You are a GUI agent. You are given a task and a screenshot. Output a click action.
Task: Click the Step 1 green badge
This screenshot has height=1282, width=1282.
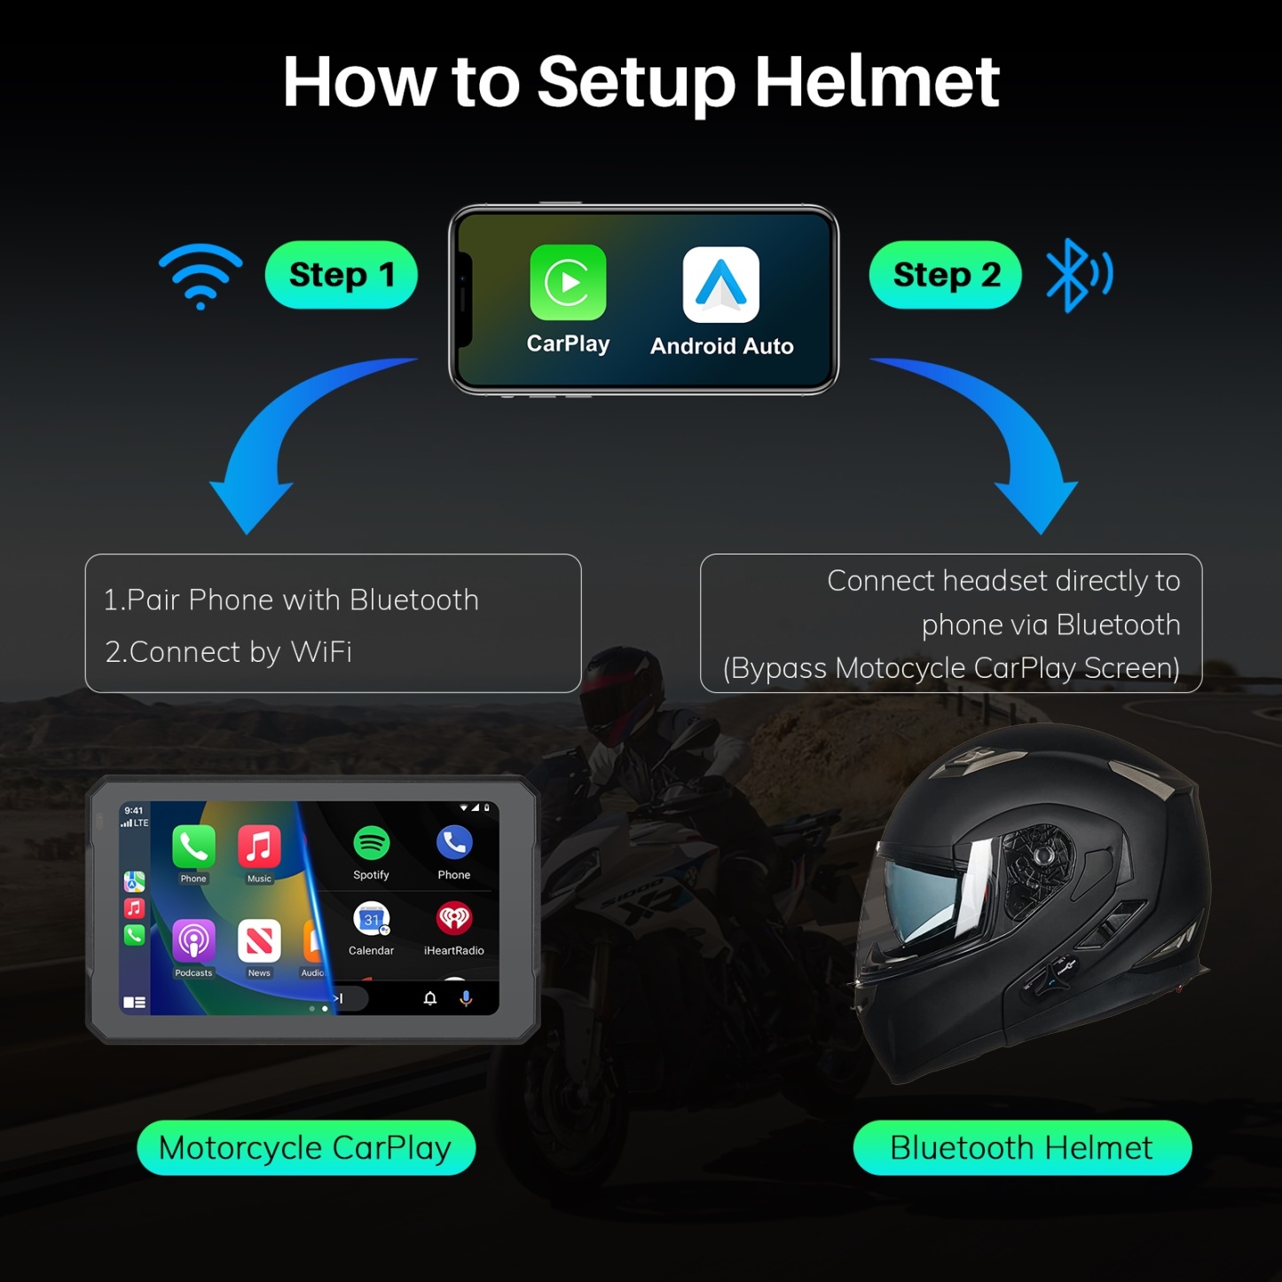tap(342, 275)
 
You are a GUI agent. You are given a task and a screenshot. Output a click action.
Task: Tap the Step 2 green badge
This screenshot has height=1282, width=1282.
tap(946, 275)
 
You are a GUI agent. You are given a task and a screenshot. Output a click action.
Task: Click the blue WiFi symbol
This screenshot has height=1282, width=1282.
tap(201, 274)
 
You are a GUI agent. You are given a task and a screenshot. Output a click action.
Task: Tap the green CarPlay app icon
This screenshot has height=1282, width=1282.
tap(568, 282)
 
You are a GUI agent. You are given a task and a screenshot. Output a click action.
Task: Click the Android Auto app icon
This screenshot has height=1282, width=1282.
tap(720, 285)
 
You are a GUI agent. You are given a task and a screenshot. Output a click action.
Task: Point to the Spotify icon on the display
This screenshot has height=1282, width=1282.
tap(371, 843)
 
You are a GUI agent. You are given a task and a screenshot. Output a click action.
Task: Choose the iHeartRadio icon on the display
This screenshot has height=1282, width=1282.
tap(454, 919)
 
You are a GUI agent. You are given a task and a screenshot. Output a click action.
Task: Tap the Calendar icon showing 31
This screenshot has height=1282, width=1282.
tap(371, 919)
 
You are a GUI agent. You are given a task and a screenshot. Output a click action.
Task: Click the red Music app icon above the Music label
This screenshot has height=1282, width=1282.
tap(259, 846)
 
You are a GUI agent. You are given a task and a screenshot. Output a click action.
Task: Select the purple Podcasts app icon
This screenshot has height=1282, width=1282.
tap(193, 940)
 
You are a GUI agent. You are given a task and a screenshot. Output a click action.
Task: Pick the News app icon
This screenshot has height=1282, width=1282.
tap(259, 940)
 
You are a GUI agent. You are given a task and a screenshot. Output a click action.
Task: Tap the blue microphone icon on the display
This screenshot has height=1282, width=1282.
tap(466, 998)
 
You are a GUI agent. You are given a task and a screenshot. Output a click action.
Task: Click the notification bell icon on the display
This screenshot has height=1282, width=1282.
tap(430, 998)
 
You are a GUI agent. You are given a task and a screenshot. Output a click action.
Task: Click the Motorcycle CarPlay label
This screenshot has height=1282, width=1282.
tap(306, 1148)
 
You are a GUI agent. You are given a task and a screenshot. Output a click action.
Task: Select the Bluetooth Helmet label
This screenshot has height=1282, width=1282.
tap(1022, 1148)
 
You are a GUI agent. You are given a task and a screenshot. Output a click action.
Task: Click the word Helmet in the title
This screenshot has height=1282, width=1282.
tap(877, 82)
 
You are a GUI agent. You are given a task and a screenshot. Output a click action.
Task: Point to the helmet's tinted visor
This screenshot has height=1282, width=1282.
tap(923, 896)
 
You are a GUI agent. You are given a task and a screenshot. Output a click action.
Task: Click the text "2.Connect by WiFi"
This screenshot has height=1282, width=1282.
tap(229, 652)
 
